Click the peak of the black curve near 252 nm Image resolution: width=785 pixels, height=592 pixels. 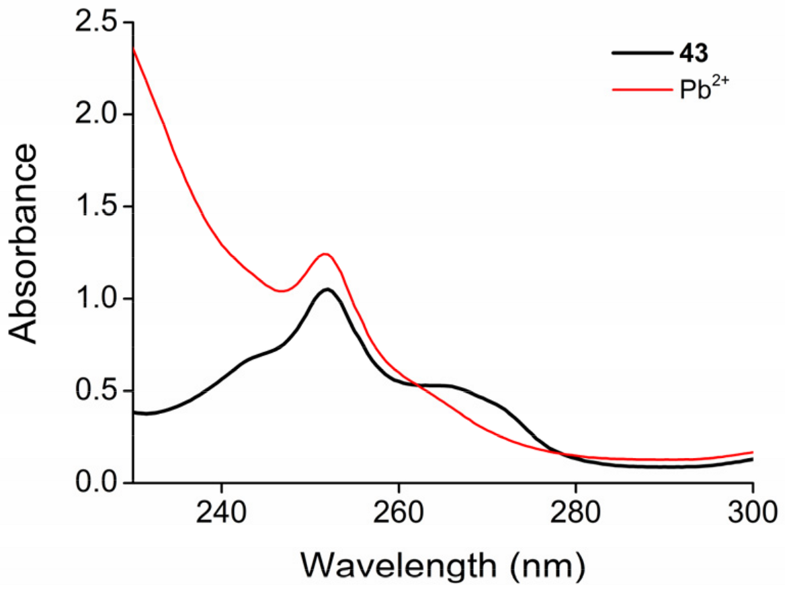327,290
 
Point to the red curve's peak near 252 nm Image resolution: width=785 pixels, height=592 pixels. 326,254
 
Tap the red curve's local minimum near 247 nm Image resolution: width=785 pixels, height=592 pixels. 281,291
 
